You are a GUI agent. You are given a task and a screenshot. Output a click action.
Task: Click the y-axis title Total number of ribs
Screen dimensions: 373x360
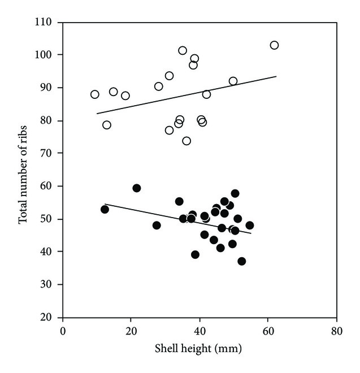pyautogui.click(x=24, y=170)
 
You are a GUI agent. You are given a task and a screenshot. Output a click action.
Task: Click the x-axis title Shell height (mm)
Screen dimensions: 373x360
pyautogui.click(x=199, y=349)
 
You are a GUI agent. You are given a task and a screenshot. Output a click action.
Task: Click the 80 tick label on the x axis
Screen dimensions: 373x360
pyautogui.click(x=336, y=329)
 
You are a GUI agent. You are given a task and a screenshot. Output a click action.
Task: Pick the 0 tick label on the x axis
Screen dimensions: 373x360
pyautogui.click(x=63, y=329)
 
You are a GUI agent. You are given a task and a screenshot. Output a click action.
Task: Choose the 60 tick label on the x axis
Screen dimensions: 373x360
pyautogui.click(x=268, y=329)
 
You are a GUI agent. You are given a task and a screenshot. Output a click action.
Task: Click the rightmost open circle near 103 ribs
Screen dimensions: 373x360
pyautogui.click(x=274, y=45)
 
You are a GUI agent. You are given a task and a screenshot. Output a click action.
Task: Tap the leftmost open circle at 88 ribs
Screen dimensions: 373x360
pyautogui.click(x=95, y=94)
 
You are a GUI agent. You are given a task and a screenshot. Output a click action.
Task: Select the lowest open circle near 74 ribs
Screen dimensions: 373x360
pyautogui.click(x=186, y=141)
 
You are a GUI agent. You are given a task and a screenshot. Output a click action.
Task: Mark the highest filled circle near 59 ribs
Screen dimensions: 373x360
pyautogui.click(x=136, y=188)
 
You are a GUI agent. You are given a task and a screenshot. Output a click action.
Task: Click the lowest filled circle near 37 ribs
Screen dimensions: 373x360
pyautogui.click(x=242, y=261)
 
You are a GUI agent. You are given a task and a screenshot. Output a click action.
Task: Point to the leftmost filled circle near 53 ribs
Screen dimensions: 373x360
pyautogui.click(x=105, y=209)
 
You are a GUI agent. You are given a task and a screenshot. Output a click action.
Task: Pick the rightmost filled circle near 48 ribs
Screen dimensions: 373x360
pyautogui.click(x=250, y=225)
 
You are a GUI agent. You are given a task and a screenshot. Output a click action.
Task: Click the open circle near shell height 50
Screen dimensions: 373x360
pyautogui.click(x=233, y=81)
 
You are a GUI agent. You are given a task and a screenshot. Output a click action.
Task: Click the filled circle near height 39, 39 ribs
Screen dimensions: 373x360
pyautogui.click(x=195, y=254)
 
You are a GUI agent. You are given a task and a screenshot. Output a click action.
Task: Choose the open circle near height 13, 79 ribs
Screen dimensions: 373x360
pyautogui.click(x=107, y=125)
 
